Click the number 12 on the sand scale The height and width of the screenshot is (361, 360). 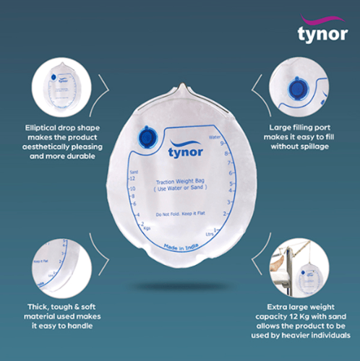click(134, 179)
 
